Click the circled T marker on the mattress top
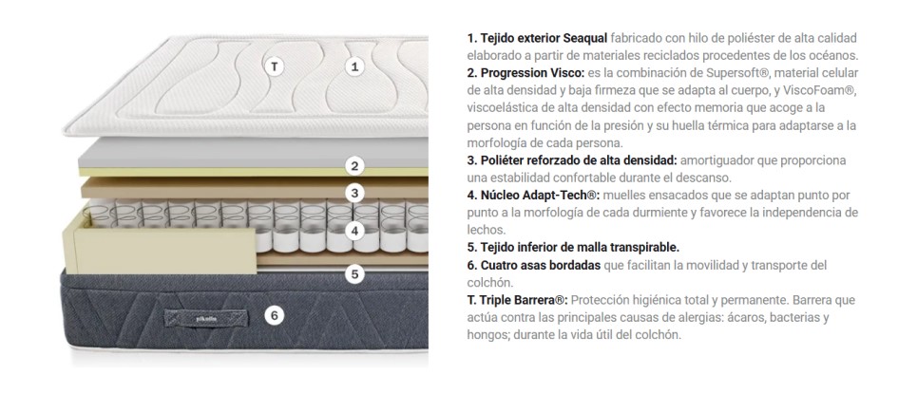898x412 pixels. [x=275, y=66]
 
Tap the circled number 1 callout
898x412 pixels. [x=354, y=66]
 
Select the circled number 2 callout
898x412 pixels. [x=354, y=166]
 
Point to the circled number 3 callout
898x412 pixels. [x=354, y=194]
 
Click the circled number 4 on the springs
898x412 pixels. [x=354, y=232]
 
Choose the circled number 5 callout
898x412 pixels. [x=354, y=274]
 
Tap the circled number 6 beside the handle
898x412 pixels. [x=275, y=315]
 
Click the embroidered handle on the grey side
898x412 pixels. [x=206, y=318]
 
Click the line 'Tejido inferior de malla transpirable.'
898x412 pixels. [x=573, y=248]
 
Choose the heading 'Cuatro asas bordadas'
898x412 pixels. [x=540, y=266]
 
